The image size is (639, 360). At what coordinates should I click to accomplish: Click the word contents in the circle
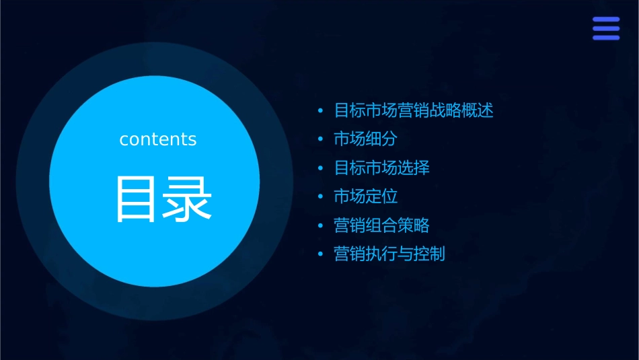(x=158, y=139)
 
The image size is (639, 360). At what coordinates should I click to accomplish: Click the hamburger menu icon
(x=605, y=29)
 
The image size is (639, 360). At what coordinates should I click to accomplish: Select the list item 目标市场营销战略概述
(x=414, y=110)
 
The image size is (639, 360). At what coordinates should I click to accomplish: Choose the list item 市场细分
(x=365, y=139)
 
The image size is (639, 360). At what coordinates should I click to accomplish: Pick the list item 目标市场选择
(x=381, y=168)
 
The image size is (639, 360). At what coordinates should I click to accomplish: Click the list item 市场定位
(x=365, y=196)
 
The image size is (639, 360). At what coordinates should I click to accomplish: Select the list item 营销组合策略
(x=381, y=225)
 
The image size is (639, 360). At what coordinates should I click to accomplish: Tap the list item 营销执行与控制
(x=389, y=254)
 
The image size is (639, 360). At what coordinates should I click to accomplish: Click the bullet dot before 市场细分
(x=320, y=139)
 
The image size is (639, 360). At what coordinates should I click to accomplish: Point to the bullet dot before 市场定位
(x=320, y=196)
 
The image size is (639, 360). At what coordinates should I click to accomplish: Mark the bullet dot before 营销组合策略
(x=320, y=225)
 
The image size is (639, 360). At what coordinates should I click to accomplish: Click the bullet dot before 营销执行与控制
(x=320, y=254)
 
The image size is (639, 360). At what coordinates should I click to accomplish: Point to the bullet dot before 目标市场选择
(x=320, y=168)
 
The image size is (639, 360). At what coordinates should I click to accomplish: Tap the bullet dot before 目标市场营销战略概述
(x=320, y=110)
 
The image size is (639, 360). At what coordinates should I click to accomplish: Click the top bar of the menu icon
(x=605, y=20)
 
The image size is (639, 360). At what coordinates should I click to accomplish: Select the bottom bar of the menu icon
(x=605, y=38)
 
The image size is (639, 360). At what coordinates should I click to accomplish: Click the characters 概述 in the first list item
(x=478, y=110)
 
